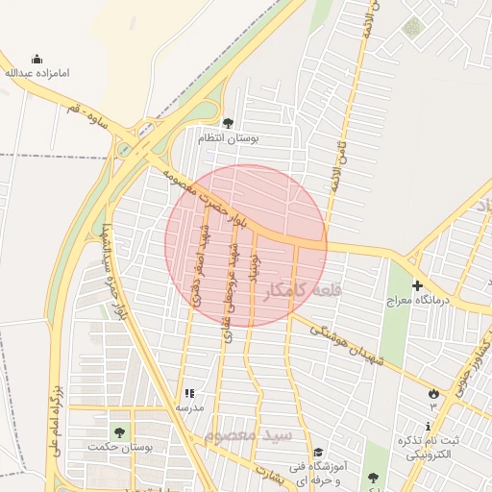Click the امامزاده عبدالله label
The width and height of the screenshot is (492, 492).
tap(37, 73)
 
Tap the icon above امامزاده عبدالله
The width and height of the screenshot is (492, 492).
tap(37, 59)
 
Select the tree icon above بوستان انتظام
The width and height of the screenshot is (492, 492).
tap(228, 123)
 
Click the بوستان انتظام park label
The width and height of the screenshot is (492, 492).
tap(228, 138)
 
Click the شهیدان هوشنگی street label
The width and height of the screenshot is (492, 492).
tap(352, 343)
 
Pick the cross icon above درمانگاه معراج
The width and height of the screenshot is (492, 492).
tap(417, 285)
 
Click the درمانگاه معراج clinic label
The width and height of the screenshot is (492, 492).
tap(412, 301)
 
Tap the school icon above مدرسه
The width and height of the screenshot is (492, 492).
tap(188, 393)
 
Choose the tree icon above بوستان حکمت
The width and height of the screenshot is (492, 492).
tap(119, 431)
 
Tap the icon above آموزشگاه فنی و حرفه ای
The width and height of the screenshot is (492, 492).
tap(318, 452)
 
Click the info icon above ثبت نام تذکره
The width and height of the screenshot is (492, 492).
tap(428, 427)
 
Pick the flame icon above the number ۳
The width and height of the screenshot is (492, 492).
tap(433, 392)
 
